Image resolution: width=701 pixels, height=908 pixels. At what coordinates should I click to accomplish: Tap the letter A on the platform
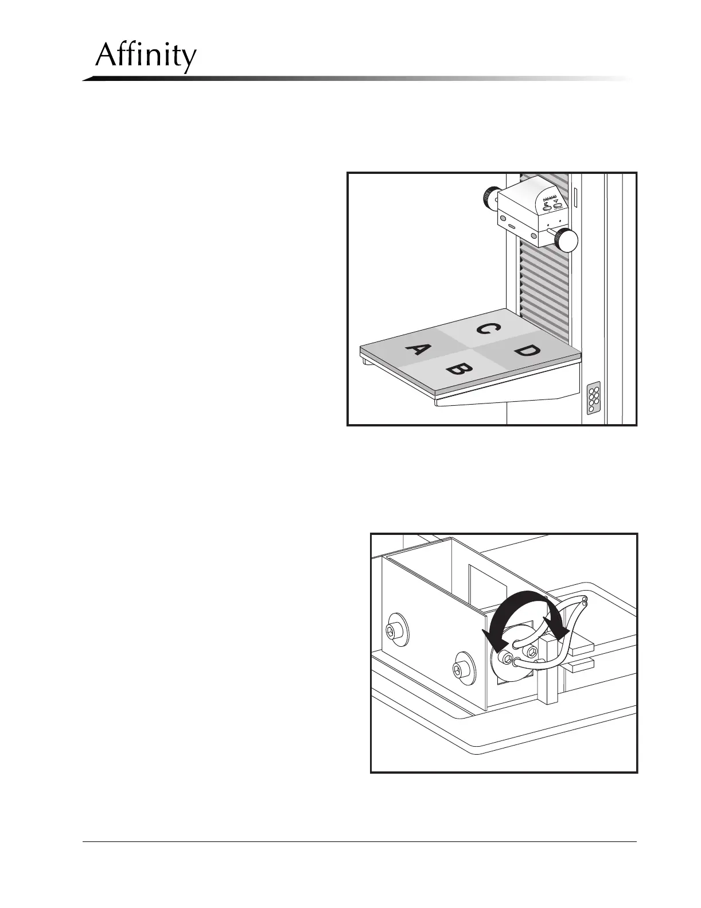417,350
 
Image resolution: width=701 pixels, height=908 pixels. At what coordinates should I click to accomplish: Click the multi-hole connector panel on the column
594,398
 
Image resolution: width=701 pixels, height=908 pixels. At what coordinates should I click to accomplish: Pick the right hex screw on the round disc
533,650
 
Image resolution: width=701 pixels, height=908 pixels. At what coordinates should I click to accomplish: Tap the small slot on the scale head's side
511,227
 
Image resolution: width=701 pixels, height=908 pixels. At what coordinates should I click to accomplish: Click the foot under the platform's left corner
365,362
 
